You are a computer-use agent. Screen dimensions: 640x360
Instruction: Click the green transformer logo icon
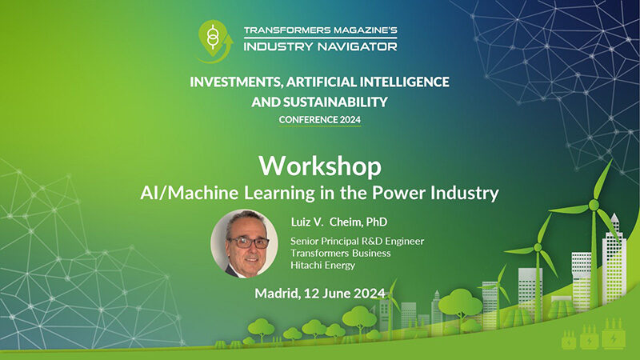click(215, 41)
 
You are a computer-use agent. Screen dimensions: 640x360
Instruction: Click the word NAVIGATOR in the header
click(357, 46)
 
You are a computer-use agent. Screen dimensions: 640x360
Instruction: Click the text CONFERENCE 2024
click(319, 119)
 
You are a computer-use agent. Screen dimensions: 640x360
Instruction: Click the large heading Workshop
click(319, 167)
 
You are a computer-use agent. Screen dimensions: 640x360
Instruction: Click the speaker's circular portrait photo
click(244, 244)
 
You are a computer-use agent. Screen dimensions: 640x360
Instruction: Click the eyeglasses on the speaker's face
click(248, 242)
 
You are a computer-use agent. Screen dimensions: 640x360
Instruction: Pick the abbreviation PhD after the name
click(377, 222)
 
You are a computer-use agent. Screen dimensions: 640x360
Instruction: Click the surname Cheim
click(346, 222)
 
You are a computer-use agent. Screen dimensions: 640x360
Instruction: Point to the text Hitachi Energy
click(323, 266)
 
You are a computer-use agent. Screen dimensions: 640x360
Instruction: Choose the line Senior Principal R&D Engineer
click(357, 242)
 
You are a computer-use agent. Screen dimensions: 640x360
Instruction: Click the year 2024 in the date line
click(370, 294)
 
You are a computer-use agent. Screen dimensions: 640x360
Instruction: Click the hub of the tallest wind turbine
click(594, 205)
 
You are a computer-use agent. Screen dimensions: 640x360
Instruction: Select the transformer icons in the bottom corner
click(593, 334)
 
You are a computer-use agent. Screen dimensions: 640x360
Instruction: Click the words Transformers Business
click(341, 254)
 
